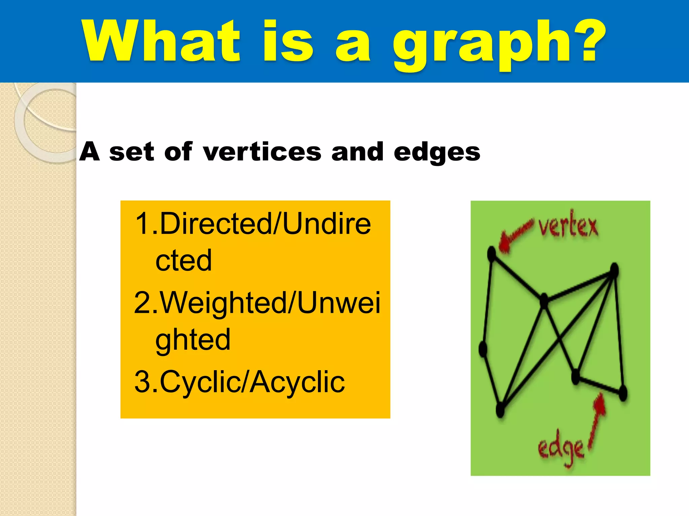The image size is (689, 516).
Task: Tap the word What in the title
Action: (161, 41)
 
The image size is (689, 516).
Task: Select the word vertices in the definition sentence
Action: (262, 152)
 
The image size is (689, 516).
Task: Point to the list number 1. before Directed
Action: (146, 223)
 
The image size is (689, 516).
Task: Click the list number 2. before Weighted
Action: (146, 302)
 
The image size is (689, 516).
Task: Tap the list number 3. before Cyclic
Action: (146, 382)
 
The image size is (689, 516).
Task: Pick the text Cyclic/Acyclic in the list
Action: (252, 382)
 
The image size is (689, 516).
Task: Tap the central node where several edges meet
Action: (544, 301)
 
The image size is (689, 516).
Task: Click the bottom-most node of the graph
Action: (500, 409)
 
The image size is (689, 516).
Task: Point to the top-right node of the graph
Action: (614, 270)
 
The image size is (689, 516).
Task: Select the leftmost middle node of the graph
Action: (483, 349)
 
